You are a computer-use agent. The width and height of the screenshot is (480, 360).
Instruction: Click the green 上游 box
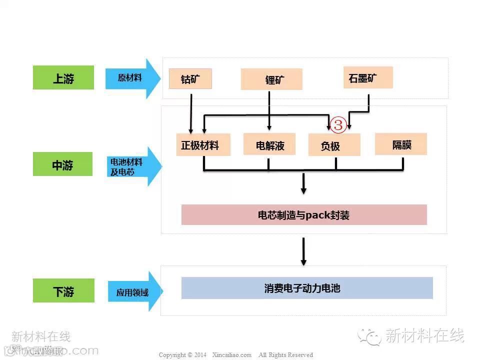[63, 77]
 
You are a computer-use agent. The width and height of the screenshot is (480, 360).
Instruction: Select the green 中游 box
[62, 164]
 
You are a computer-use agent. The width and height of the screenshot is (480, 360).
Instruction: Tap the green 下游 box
[63, 290]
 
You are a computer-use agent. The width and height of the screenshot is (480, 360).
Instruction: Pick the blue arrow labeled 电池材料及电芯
[132, 166]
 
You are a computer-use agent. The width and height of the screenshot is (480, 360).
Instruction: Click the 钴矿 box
[190, 78]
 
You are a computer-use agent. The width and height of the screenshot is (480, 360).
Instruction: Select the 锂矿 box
[271, 79]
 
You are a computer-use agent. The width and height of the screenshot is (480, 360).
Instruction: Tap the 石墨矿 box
[368, 77]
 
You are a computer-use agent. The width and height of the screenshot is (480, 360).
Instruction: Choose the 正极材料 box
[203, 144]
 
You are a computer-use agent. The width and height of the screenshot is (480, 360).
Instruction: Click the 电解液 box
[269, 144]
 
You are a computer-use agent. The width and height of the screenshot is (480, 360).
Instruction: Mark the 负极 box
[334, 145]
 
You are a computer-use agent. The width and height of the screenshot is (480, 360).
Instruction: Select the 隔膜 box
[401, 144]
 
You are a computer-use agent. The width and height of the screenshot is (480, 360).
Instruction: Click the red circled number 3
[338, 125]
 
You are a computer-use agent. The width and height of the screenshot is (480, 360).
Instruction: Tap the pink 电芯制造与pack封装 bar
[303, 215]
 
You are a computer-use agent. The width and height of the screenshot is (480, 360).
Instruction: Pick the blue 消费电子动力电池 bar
[306, 288]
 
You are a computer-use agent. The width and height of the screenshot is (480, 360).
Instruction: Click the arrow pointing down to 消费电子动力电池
[303, 251]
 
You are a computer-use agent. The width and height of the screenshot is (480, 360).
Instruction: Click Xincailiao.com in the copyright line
[231, 355]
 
